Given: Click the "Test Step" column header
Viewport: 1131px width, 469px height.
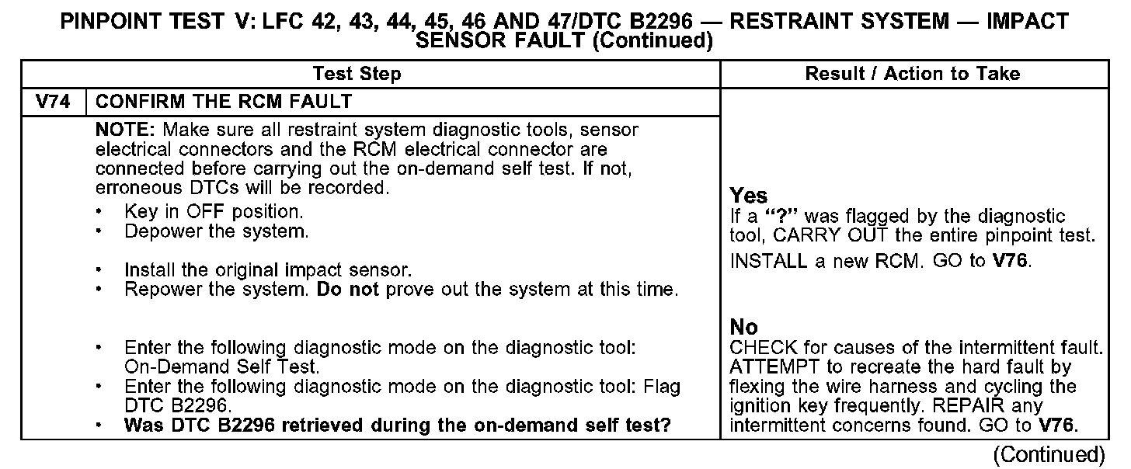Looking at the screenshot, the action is point(357,75).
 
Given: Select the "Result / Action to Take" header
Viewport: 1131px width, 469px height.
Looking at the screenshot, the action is point(913,75).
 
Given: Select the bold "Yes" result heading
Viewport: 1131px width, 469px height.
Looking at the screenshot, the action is point(749,196).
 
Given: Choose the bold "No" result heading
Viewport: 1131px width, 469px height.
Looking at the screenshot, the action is point(744,327).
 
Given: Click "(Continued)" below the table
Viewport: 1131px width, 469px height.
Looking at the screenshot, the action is point(1049,454).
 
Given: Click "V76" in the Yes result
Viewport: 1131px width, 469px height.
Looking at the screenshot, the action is point(1012,262).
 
